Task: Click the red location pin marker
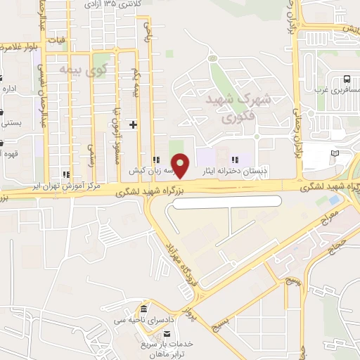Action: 181,165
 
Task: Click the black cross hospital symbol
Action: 134,124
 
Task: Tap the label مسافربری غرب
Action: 337,91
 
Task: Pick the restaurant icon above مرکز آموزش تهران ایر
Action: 65,174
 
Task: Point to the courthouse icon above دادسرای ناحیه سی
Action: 143,310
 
